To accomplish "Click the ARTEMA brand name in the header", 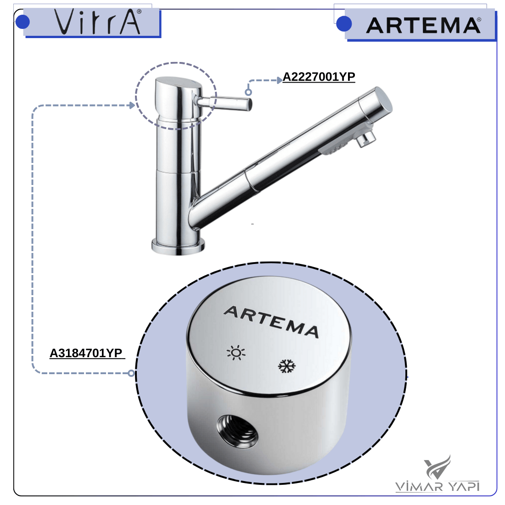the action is (424, 25).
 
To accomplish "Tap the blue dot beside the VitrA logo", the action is (22, 22).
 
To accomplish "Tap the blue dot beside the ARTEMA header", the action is (344, 24).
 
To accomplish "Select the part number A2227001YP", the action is (319, 77).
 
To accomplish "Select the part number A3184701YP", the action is (86, 353).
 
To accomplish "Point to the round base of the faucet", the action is (178, 247).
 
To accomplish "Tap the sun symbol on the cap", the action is (236, 353).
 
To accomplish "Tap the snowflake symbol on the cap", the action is (286, 366).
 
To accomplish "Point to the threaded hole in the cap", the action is (237, 431).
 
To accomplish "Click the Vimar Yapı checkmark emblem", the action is (438, 467).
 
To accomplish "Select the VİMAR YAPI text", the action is (437, 486).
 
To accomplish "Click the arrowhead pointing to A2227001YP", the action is (280, 80).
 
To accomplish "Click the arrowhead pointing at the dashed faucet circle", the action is (132, 105).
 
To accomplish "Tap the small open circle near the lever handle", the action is (248, 92).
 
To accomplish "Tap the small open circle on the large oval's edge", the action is (131, 373).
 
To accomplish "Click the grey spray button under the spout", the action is (333, 149).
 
